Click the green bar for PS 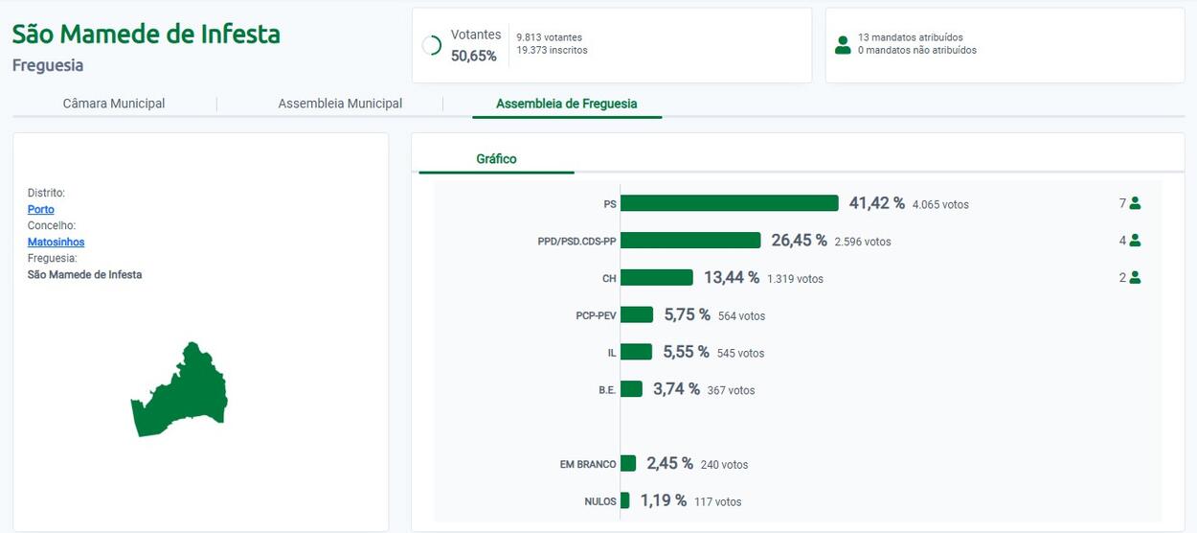(x=730, y=203)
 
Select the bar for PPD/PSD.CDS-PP (x=690, y=241)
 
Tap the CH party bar (x=657, y=277)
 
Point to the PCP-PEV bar (x=637, y=314)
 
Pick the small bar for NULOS (x=624, y=500)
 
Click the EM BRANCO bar (x=628, y=463)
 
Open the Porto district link (x=41, y=209)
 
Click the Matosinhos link (x=56, y=242)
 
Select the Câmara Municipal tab (x=114, y=104)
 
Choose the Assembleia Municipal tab (x=340, y=104)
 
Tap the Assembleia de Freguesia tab (x=567, y=104)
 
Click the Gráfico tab (x=496, y=159)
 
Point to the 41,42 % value (x=877, y=203)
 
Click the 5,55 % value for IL (x=687, y=352)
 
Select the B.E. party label (x=607, y=390)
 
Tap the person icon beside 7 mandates (x=1136, y=203)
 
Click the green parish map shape (x=182, y=393)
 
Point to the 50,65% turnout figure (x=474, y=56)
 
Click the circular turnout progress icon (x=432, y=45)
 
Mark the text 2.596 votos (x=863, y=242)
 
